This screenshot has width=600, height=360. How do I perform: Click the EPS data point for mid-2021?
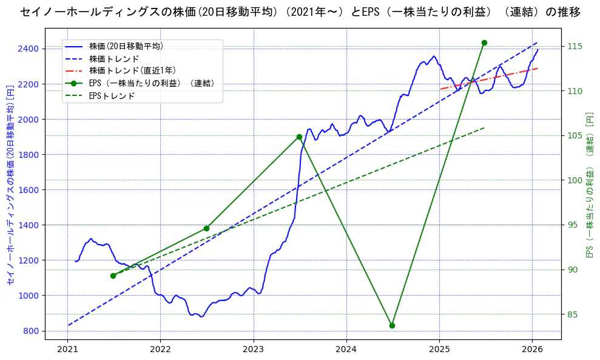point(113,276)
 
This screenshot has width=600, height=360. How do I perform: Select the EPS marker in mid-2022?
point(206,228)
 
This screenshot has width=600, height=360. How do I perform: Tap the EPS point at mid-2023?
point(299,137)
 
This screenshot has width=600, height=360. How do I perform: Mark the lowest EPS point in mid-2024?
point(392,325)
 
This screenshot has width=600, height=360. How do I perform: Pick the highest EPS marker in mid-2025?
point(484,42)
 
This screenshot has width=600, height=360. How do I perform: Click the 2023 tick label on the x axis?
point(253,349)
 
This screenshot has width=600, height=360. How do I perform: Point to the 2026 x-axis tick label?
point(532,349)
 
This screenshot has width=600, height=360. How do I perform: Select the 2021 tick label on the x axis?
point(67,349)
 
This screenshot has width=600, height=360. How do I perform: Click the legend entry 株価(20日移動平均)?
point(126,46)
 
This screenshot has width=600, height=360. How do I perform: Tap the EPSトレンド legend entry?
point(112,96)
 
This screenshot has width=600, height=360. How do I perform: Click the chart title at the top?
point(300,12)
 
